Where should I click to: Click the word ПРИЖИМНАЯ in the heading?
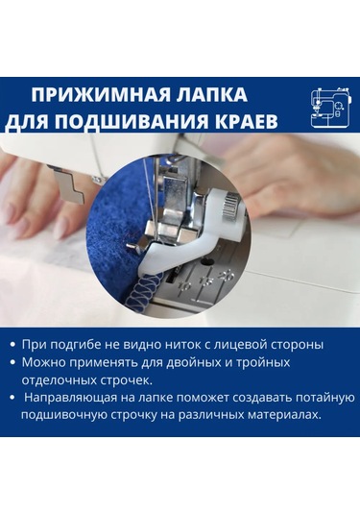click(x=101, y=95)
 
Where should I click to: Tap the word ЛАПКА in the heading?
click(x=212, y=95)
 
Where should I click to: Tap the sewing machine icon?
click(x=331, y=108)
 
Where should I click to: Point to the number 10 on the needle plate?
click(x=185, y=287)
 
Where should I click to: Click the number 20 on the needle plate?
click(x=227, y=275)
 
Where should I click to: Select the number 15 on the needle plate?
click(x=206, y=281)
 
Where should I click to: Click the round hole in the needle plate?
click(x=207, y=262)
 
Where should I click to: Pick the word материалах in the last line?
click(x=284, y=415)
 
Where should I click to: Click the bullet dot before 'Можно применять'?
click(x=12, y=362)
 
